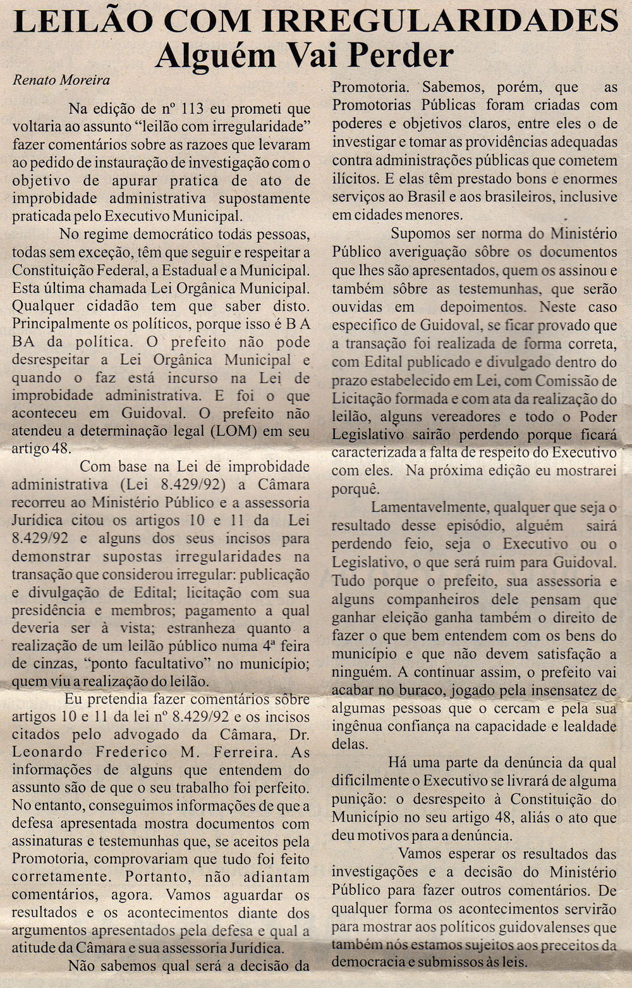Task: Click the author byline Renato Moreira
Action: pos(61,80)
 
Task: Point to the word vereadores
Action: pos(462,417)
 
